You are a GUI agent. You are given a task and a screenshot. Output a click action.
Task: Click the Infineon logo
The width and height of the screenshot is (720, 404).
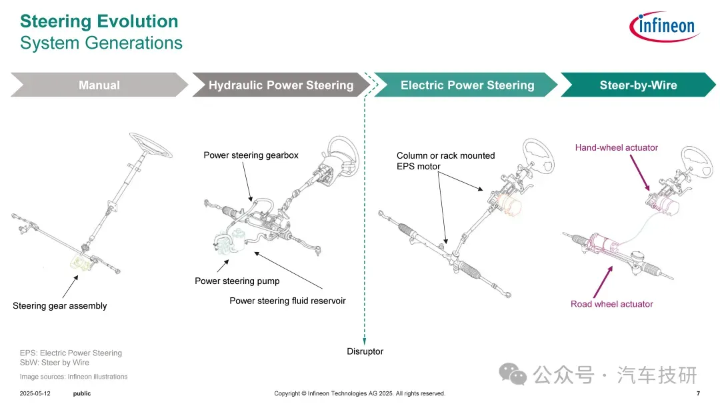[x=663, y=27]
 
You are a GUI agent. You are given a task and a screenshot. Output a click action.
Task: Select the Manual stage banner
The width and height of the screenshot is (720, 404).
[x=99, y=85]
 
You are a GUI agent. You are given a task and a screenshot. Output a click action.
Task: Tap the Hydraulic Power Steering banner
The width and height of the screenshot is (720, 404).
[x=281, y=85]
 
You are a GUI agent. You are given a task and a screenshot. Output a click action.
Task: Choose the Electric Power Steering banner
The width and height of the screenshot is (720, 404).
[x=467, y=85]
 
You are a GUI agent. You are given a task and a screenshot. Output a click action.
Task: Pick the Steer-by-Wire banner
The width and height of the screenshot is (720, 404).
[x=638, y=85]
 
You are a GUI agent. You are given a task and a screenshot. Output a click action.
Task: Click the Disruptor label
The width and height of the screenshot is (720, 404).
[x=365, y=351]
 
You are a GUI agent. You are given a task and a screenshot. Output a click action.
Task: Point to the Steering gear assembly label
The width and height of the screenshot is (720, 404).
[x=60, y=306]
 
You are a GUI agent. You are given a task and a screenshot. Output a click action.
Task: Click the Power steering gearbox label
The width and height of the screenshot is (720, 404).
[x=251, y=155]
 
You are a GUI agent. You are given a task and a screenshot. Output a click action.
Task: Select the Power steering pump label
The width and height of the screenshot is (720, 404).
[x=237, y=281]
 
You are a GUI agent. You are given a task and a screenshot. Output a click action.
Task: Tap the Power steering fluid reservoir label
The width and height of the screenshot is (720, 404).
[x=287, y=301]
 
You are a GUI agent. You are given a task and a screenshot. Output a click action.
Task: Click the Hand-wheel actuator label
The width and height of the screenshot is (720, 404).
[x=616, y=147]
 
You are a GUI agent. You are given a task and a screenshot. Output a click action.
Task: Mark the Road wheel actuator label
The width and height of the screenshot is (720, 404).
[x=611, y=304]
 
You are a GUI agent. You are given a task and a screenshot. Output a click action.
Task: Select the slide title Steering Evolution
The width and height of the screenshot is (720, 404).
[x=99, y=21]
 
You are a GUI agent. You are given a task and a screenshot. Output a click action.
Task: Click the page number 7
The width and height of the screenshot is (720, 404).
[x=697, y=393]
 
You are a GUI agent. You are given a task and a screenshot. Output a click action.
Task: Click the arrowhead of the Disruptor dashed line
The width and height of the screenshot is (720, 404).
[x=365, y=338]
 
